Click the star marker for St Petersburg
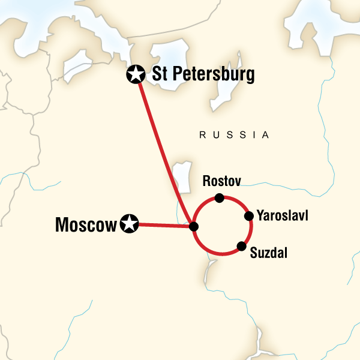click(136, 74)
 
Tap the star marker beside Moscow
click(128, 224)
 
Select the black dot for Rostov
click(220, 198)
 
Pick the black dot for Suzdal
click(241, 245)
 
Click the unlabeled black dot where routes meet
click(193, 226)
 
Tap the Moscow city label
click(85, 225)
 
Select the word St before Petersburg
click(159, 74)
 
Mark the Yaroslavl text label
click(282, 215)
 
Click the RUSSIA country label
click(235, 136)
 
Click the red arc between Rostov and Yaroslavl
click(238, 202)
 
